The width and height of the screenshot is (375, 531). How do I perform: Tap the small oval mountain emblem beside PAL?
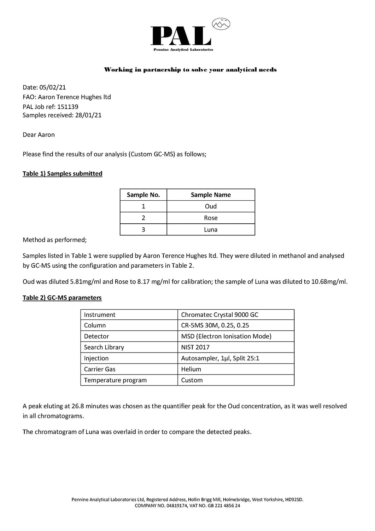(x=221, y=24)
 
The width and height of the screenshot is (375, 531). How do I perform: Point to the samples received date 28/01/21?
(x=88, y=115)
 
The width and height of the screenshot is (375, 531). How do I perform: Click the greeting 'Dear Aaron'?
(x=39, y=135)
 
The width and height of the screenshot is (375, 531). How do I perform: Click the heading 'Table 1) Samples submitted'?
(x=63, y=173)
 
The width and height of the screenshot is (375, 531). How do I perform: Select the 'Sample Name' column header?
(x=211, y=195)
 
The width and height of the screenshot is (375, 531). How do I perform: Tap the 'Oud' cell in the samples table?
(x=211, y=206)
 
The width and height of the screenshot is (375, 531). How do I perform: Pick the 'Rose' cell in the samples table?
(x=211, y=218)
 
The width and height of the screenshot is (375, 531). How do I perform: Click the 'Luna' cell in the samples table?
(x=211, y=230)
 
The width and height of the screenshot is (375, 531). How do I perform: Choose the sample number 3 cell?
(x=143, y=230)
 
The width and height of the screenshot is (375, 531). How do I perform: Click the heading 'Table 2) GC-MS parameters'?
(x=62, y=298)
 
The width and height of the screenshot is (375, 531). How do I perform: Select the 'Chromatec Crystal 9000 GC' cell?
(x=219, y=315)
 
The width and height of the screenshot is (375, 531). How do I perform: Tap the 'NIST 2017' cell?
(x=195, y=347)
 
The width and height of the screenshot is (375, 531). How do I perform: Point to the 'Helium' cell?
(x=191, y=369)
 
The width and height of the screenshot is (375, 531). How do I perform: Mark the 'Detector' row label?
(x=96, y=336)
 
